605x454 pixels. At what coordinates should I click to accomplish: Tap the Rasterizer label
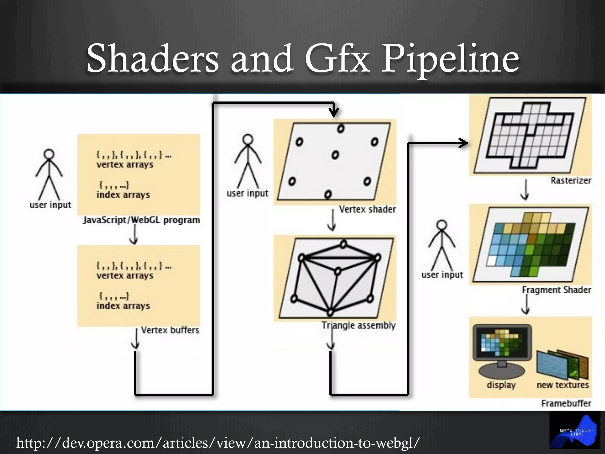point(571,181)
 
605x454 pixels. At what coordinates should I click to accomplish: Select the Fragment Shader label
point(557,290)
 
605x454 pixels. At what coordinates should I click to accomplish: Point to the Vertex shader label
point(367,209)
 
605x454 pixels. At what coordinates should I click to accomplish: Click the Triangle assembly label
point(359,325)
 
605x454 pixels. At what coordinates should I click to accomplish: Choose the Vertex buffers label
point(170,330)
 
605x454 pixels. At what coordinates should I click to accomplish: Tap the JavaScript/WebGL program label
point(142,220)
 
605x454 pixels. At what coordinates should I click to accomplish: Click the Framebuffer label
point(566,403)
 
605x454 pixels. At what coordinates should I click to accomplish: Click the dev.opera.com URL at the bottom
point(218,442)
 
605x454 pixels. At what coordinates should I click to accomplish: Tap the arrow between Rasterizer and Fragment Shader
point(525,190)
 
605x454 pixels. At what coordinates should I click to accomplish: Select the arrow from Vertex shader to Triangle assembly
point(332,220)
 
